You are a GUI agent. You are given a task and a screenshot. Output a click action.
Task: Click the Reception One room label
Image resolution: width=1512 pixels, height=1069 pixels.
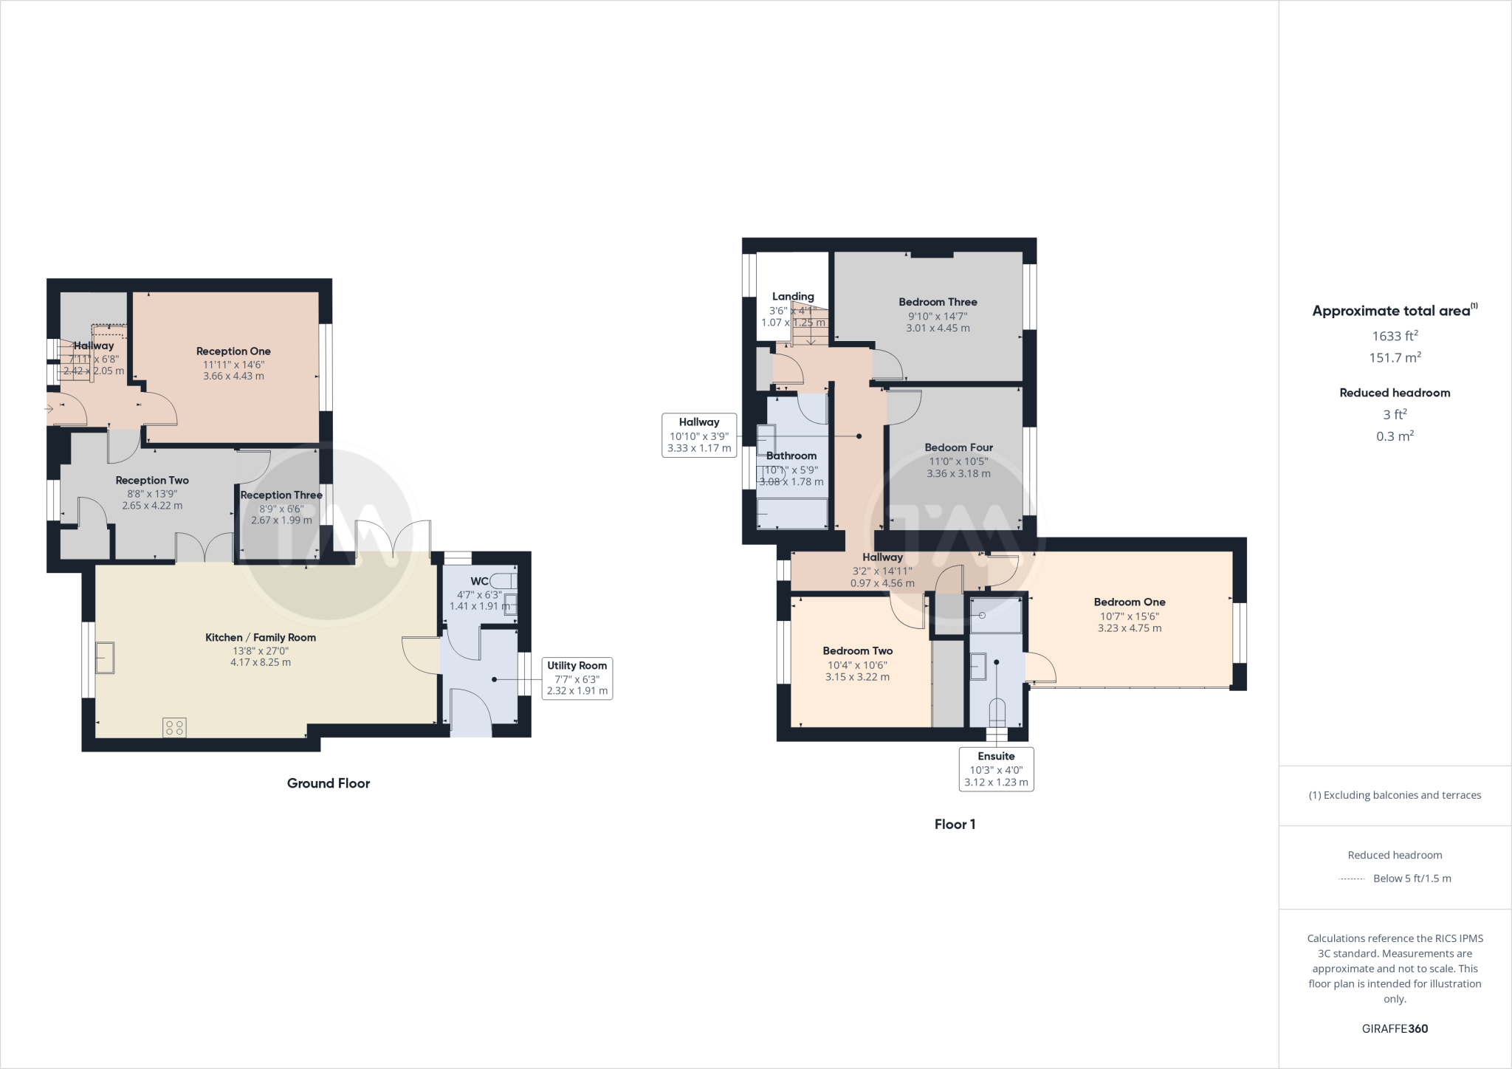(233, 351)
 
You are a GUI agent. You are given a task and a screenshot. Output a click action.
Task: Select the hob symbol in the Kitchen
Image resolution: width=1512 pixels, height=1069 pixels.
(175, 728)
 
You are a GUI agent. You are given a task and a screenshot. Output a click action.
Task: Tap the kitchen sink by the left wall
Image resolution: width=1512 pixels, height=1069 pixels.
(104, 658)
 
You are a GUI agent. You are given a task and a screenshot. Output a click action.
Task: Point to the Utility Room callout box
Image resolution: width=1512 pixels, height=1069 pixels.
(577, 678)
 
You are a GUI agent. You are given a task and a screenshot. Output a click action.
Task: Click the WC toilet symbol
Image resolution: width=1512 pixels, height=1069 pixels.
(504, 581)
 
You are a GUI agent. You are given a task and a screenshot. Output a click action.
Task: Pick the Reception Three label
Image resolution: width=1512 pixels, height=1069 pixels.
(281, 495)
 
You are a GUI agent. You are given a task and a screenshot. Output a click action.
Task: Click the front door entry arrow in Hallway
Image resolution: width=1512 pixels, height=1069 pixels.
(49, 408)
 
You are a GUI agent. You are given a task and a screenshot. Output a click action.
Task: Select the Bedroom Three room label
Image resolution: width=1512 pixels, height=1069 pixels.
(938, 302)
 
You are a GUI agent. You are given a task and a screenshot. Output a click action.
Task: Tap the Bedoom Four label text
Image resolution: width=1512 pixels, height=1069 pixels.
(958, 447)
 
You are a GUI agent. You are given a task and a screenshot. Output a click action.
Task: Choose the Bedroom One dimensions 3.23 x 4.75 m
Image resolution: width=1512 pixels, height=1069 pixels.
(1129, 628)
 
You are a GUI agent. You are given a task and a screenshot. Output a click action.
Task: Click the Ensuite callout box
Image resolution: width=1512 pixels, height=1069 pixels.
(996, 769)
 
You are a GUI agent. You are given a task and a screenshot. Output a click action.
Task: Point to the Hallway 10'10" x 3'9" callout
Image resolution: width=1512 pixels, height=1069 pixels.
(699, 435)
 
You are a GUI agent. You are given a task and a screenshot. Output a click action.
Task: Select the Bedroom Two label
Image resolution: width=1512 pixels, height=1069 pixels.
(857, 651)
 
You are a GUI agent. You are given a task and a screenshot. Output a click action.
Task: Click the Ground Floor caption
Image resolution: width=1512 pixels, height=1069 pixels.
(329, 783)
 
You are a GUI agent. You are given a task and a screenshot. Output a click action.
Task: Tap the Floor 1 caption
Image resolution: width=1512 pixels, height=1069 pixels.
(955, 825)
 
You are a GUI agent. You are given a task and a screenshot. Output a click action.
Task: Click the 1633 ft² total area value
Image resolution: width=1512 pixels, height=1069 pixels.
(1395, 336)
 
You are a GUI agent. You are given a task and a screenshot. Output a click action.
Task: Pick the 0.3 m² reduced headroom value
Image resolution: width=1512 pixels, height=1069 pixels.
(1395, 436)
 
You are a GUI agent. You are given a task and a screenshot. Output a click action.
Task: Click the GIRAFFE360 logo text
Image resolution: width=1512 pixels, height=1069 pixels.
(1395, 1028)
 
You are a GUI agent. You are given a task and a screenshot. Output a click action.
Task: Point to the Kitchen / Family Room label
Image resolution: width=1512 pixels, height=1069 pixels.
(261, 638)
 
